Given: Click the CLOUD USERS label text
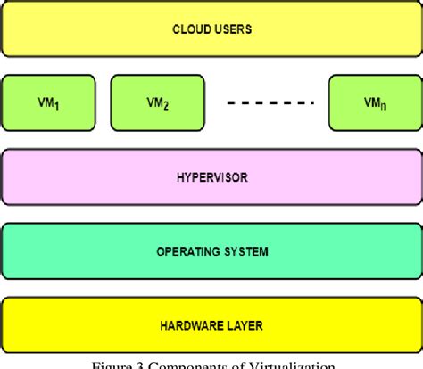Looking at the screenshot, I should (x=211, y=29).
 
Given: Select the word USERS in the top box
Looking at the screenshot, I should (x=232, y=29).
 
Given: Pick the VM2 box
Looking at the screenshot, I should (x=157, y=102).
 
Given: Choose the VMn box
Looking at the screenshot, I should (x=375, y=102).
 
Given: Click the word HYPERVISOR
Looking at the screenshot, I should (x=212, y=177).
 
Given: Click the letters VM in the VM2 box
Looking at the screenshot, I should (x=153, y=102).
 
